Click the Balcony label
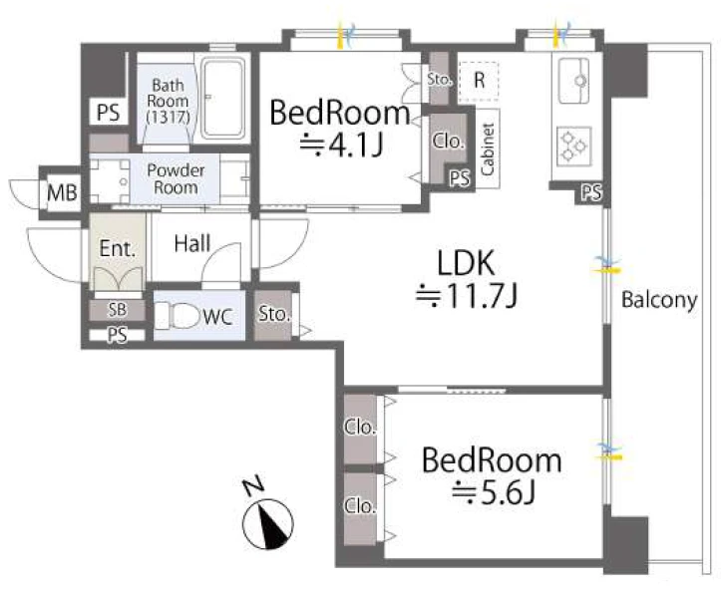[x=659, y=300]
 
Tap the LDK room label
[x=466, y=262]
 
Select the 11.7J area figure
[x=467, y=295]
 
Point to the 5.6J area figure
[x=493, y=492]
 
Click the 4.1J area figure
[x=341, y=145]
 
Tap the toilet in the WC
[x=178, y=316]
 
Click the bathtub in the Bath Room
[x=223, y=100]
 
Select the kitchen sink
[x=573, y=81]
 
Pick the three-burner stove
[x=573, y=146]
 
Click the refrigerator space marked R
[x=479, y=81]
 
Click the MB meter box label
[x=62, y=192]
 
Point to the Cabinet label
[x=488, y=148]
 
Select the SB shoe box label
[x=118, y=310]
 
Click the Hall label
[x=192, y=243]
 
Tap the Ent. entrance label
[x=118, y=249]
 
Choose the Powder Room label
[x=176, y=178]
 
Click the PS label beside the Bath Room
[x=109, y=112]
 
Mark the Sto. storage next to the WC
[x=274, y=314]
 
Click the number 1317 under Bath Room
[x=168, y=117]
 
